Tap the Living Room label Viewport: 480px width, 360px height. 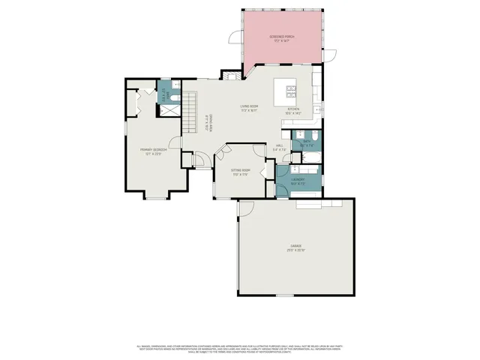click(x=249, y=108)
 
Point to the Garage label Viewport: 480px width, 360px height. click(x=295, y=247)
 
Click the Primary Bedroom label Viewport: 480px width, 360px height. click(x=153, y=151)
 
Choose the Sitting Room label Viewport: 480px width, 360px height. click(x=239, y=172)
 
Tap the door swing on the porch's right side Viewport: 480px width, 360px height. click(x=327, y=56)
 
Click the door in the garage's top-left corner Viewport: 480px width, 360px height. click(x=247, y=205)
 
